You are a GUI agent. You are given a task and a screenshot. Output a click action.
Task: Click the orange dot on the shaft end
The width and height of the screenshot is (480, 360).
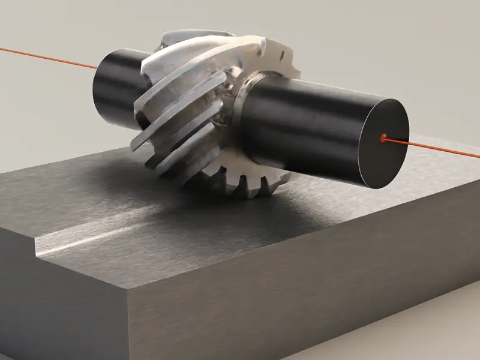click(x=383, y=138)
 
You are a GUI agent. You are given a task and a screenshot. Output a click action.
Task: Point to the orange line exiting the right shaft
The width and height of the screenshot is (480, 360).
click(x=438, y=148)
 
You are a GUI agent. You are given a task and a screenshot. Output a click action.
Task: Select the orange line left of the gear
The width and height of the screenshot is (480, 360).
click(x=48, y=57)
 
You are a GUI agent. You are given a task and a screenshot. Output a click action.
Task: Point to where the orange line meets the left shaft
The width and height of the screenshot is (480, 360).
click(x=96, y=68)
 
